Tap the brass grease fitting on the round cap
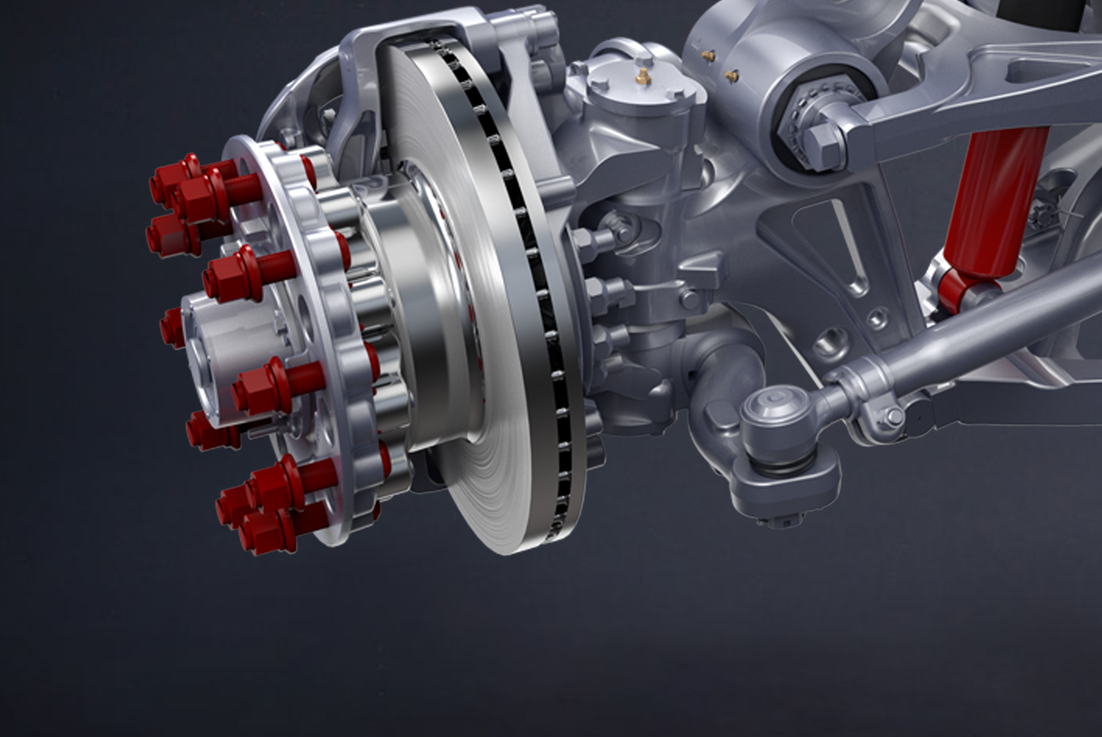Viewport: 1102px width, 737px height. [643, 77]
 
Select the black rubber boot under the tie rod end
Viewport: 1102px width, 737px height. [783, 467]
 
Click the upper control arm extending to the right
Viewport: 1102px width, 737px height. [986, 93]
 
